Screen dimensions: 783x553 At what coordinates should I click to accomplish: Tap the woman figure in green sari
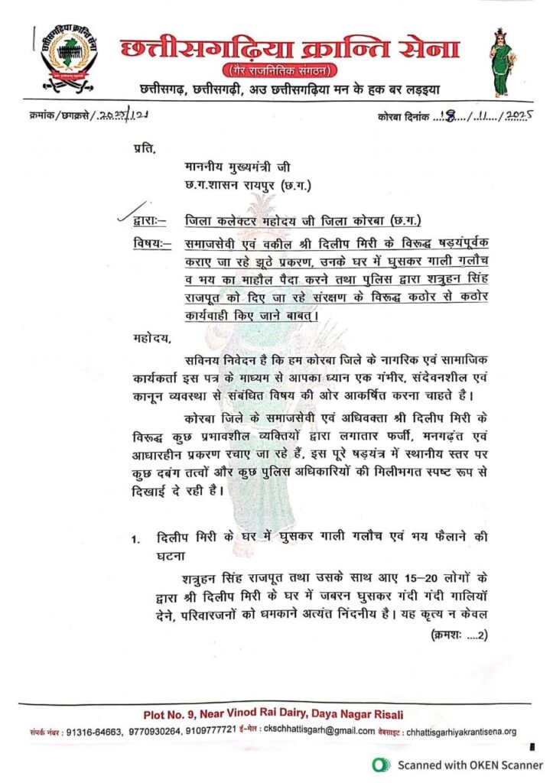[500, 62]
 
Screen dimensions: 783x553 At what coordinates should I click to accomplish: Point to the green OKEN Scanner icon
[378, 764]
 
